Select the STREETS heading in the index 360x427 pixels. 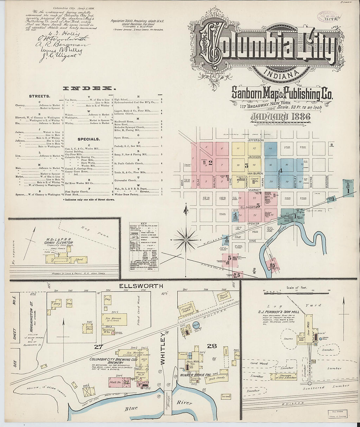click(39, 96)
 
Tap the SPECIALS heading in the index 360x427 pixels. click(89, 139)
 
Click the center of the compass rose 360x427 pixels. click(186, 240)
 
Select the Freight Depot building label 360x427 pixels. click(186, 309)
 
